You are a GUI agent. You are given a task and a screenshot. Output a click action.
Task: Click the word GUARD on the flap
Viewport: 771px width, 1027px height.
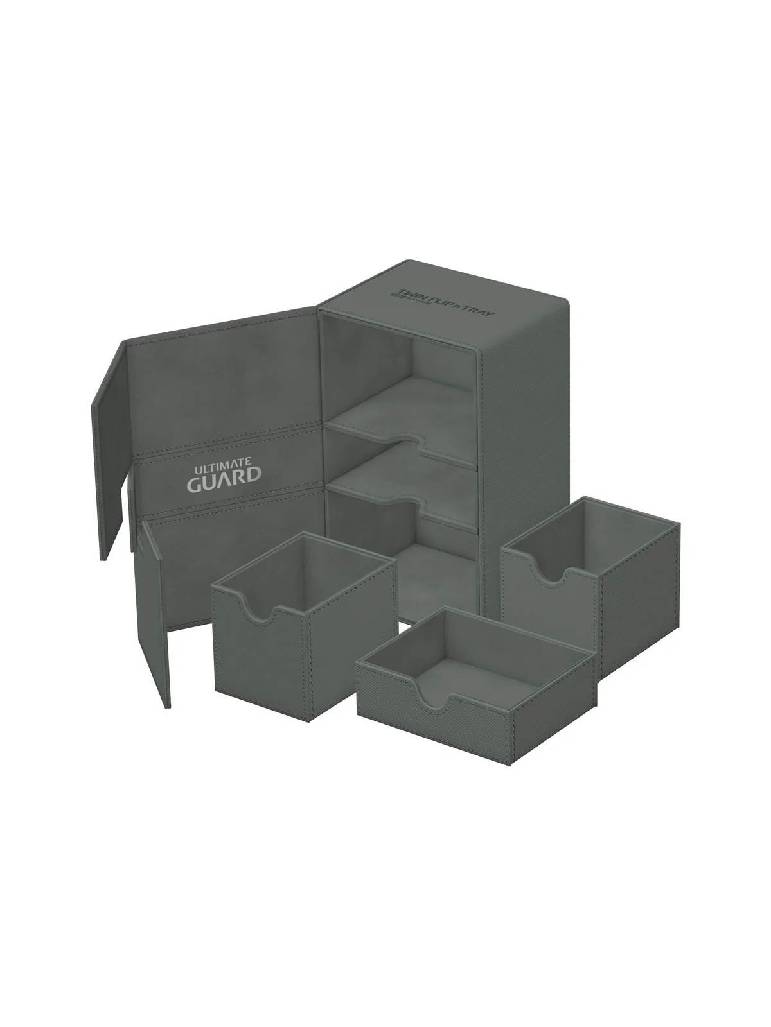(224, 475)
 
